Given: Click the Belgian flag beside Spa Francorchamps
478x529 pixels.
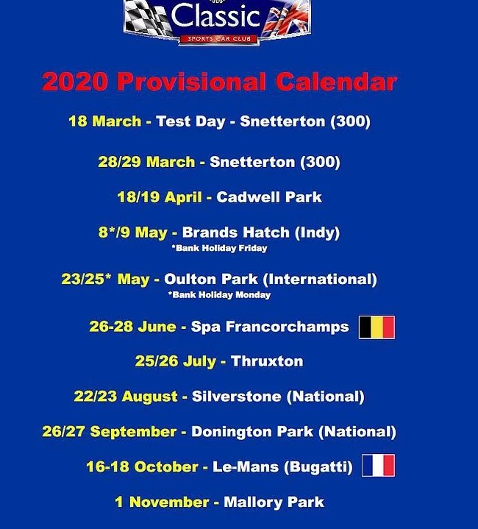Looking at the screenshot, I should [x=377, y=327].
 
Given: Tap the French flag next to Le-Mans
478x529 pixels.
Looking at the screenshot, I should [x=378, y=466].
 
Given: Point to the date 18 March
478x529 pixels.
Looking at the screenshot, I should [x=104, y=121].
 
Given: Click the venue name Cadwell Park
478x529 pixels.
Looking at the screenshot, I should [x=269, y=197].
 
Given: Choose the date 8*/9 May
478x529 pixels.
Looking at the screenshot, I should [x=133, y=232].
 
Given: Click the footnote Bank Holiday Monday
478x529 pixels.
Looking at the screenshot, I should [x=219, y=295].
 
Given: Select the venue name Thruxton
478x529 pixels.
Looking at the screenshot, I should [x=267, y=361].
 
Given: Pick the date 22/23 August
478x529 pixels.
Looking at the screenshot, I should [x=126, y=397].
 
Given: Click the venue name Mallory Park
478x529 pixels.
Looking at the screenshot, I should [x=274, y=503].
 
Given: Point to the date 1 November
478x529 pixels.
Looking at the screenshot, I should [x=162, y=503].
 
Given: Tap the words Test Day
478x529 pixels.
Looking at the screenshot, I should [x=190, y=121].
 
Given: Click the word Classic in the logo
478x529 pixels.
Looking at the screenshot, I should [x=216, y=16].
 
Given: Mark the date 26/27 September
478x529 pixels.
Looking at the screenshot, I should [x=110, y=432].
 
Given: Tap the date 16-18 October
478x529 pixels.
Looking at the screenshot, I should [x=142, y=467].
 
